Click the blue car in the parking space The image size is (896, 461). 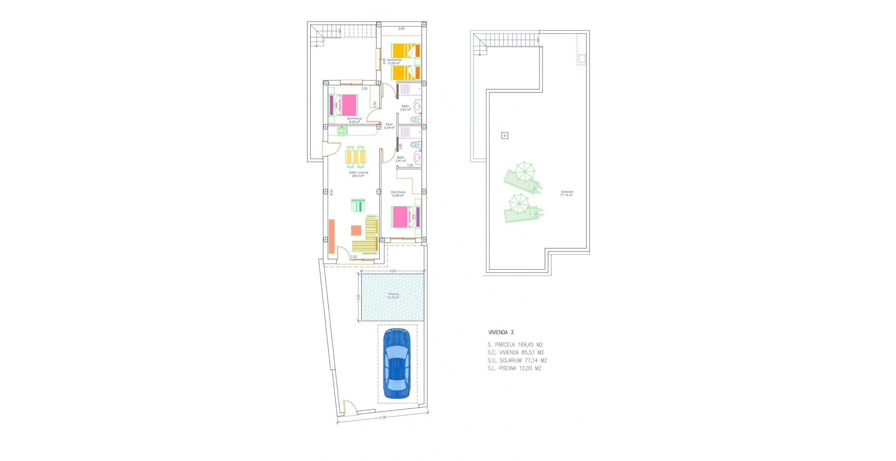point(396,363)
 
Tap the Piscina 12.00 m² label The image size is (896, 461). point(393,296)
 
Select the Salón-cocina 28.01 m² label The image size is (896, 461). point(358,174)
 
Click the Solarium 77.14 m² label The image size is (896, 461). point(567,193)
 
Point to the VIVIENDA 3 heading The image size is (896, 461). point(501,332)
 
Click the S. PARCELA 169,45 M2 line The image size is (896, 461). point(515,345)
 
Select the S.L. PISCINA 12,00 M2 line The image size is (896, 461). point(514,368)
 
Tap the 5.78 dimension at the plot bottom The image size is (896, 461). point(383,418)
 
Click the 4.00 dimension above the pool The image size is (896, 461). point(393,271)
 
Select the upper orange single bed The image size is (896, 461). point(405,51)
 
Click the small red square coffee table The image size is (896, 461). point(356,231)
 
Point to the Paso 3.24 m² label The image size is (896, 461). point(389,126)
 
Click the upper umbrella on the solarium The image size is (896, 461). point(525,171)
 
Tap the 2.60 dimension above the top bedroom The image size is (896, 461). point(401,28)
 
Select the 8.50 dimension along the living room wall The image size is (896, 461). point(331,192)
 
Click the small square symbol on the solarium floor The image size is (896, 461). point(504,136)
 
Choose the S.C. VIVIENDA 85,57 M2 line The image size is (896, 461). point(516,352)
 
